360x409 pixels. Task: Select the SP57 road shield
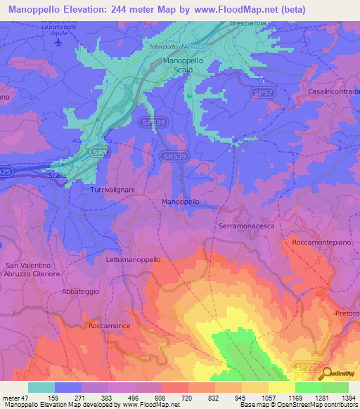pos(262,92)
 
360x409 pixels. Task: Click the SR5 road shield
pos(102,151)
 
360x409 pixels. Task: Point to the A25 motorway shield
pos(5,171)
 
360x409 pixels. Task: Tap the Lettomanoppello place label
pos(133,259)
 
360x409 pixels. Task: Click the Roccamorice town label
pos(111,326)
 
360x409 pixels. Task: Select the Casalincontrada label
pos(333,92)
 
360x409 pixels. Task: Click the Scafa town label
pos(58,175)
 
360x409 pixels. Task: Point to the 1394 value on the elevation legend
pos(345,398)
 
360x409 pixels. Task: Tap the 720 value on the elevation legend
pos(187,398)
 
